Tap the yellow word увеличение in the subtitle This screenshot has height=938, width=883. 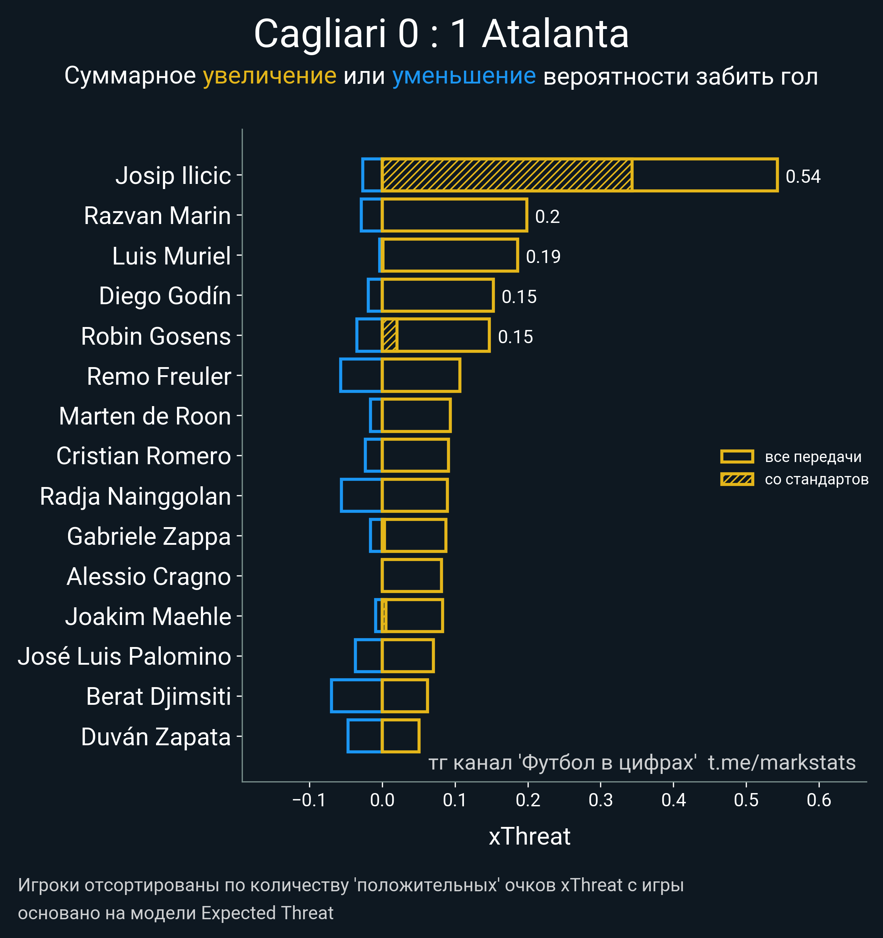click(269, 76)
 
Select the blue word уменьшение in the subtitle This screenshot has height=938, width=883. click(464, 76)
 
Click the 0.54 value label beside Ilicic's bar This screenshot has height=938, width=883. click(803, 177)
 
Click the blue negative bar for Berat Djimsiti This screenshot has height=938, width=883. click(356, 696)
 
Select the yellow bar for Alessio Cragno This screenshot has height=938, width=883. click(412, 575)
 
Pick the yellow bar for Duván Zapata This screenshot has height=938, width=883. click(400, 736)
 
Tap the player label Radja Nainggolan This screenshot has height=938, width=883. click(135, 496)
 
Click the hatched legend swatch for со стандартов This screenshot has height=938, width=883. click(737, 479)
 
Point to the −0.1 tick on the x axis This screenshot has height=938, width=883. click(309, 800)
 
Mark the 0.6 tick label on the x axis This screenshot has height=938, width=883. click(819, 800)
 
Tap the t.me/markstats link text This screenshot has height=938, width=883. click(781, 763)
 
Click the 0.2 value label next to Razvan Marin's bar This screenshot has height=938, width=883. click(547, 217)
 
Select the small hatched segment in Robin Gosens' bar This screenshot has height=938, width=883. click(389, 335)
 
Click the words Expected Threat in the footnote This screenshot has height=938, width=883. click(267, 913)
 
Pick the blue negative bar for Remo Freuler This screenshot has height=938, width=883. click(361, 376)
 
